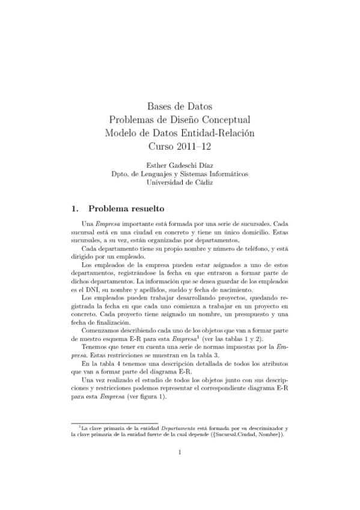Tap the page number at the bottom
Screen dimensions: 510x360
[180, 470]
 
